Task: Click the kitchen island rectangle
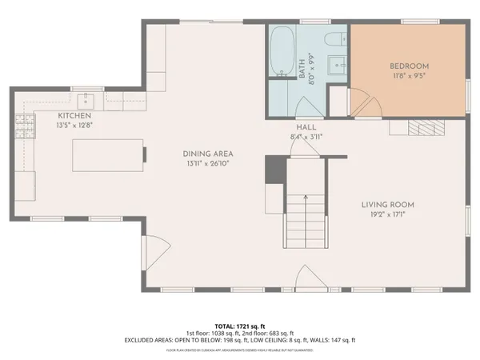click(x=109, y=154)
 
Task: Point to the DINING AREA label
click(x=206, y=154)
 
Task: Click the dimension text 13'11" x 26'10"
click(x=206, y=163)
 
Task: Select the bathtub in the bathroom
click(x=281, y=53)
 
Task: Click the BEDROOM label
click(x=410, y=66)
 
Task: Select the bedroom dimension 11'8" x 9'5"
click(x=410, y=76)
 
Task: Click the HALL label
click(x=306, y=127)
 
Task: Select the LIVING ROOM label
click(x=386, y=205)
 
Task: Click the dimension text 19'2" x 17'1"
click(x=386, y=214)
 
